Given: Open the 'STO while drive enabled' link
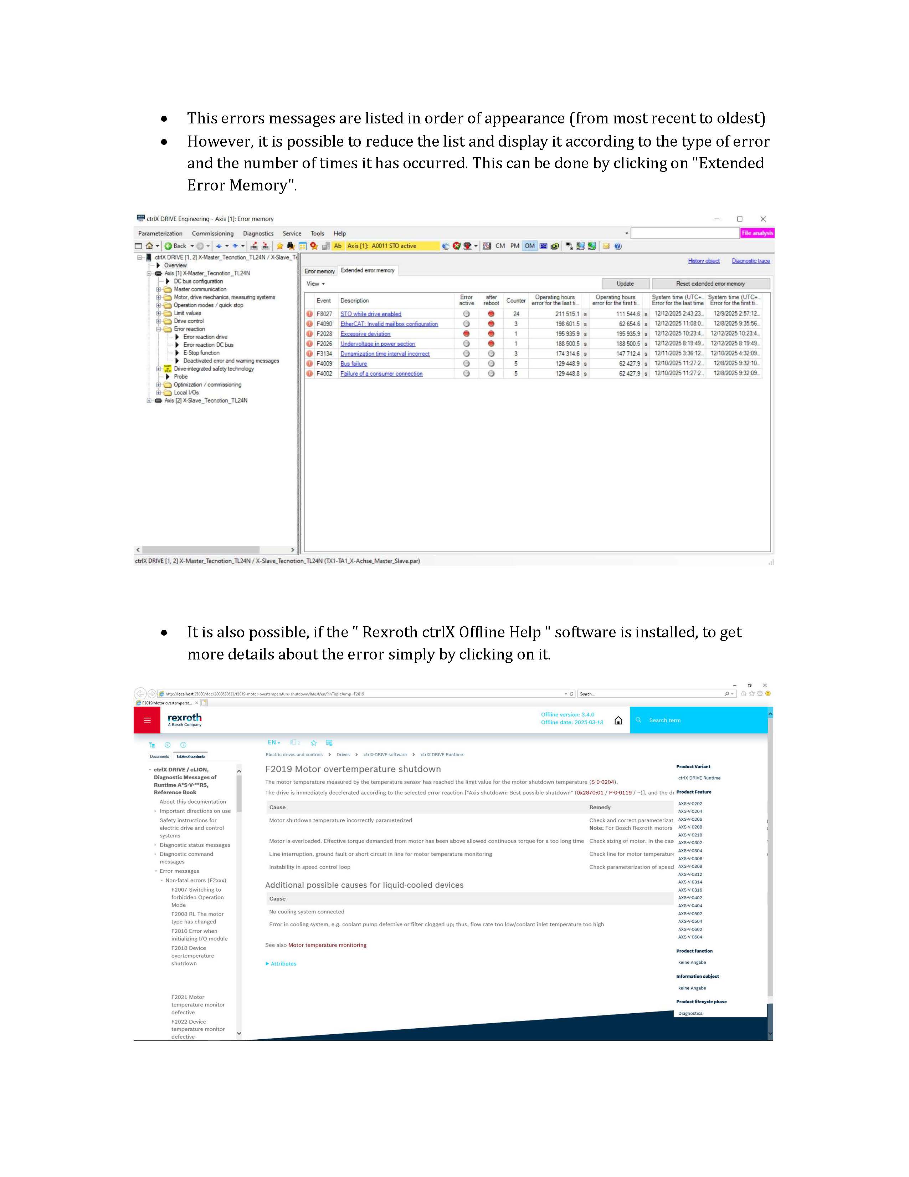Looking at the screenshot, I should [x=370, y=314].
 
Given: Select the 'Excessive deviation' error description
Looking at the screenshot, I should [x=365, y=334].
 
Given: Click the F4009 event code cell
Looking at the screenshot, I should [x=324, y=364].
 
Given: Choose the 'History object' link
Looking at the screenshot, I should [x=703, y=261].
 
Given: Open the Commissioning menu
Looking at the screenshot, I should [x=213, y=233].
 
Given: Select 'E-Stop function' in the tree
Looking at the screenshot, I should [x=201, y=353].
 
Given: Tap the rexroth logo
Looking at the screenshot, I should [x=184, y=719].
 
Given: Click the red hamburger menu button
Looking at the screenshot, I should [x=147, y=720].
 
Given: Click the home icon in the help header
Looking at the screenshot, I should [x=618, y=720].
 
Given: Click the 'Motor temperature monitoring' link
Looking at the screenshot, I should [x=327, y=945].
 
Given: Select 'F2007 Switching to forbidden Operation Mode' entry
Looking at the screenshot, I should [x=197, y=897].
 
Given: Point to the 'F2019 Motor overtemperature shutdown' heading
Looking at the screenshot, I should [x=353, y=769].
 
